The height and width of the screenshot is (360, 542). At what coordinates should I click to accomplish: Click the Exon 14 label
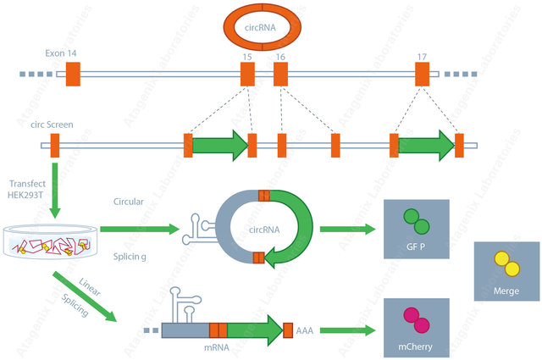click(x=62, y=53)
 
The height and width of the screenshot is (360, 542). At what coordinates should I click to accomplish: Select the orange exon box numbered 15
click(x=247, y=74)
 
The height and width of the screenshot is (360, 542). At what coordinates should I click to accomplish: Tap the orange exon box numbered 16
click(x=280, y=74)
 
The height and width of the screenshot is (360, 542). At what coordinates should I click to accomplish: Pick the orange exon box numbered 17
click(x=422, y=74)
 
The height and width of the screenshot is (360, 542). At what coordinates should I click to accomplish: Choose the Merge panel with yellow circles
click(x=506, y=271)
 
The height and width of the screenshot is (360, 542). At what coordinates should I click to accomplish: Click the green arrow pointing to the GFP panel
click(x=346, y=230)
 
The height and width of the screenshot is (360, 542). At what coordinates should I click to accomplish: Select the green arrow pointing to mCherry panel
click(x=346, y=330)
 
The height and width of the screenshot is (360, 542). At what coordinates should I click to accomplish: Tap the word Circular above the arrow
click(x=129, y=201)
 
